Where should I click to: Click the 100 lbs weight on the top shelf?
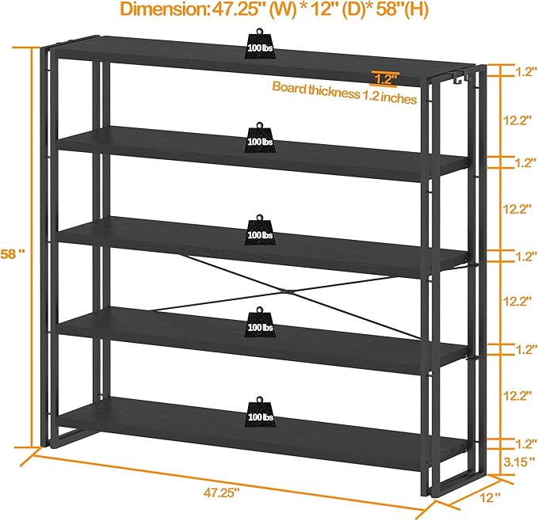tap(260, 44)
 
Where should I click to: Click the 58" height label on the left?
tap(13, 254)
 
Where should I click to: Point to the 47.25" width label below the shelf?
tap(221, 492)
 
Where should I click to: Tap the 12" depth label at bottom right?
tap(490, 497)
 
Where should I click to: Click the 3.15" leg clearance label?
tap(520, 462)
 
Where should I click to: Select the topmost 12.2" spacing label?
tap(517, 120)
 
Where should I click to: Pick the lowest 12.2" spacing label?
tap(517, 396)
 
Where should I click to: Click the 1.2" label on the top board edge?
tap(386, 79)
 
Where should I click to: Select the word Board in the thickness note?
tap(289, 87)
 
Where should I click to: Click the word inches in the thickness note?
tap(399, 97)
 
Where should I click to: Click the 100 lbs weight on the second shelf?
tap(260, 137)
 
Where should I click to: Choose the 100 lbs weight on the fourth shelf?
tap(260, 322)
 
